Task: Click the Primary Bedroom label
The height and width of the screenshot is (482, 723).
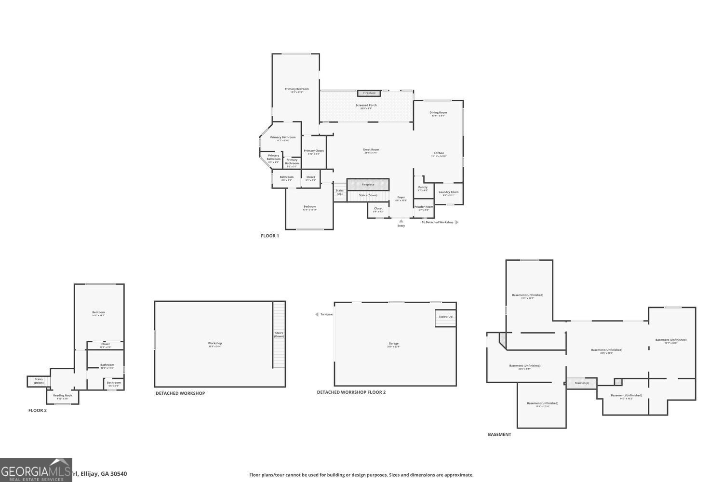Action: coord(296,90)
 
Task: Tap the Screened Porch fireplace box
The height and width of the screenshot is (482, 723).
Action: coord(369,93)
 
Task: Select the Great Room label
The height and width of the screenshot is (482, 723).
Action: coord(371,150)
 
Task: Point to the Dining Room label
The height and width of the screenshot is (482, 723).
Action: coord(438,113)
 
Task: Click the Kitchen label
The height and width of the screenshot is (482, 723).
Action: coord(439,154)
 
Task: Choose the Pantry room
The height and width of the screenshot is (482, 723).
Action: coord(423,188)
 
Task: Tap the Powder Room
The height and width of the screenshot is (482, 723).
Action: coord(424,208)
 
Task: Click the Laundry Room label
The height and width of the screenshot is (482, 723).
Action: coord(448,193)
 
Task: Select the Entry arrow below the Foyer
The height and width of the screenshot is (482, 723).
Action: coord(401,221)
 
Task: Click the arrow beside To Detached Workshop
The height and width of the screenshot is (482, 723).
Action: coord(457,222)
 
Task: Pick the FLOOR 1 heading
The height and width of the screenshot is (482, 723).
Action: coord(270,236)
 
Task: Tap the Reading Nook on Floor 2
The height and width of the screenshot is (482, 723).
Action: coord(63,396)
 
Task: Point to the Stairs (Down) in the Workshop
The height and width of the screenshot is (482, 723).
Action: coord(279,335)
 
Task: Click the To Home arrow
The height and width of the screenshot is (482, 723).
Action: coord(316,314)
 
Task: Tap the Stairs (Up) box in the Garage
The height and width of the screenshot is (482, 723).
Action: coord(446,317)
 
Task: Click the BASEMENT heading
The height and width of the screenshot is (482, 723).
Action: coord(499,434)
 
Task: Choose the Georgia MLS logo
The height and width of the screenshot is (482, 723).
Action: coord(36,470)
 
